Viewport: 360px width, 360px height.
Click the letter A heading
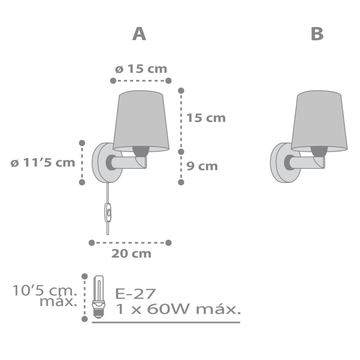tap(139, 34)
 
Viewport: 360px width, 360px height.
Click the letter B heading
tap(317, 34)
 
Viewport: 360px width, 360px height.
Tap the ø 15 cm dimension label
tap(141, 69)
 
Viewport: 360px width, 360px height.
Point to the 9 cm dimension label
tap(202, 166)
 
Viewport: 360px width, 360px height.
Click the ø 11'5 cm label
tap(43, 163)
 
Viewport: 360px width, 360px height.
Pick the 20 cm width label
tap(131, 253)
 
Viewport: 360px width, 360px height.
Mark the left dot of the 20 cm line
tap(92, 242)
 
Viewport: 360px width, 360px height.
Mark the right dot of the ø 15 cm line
tap(168, 80)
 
